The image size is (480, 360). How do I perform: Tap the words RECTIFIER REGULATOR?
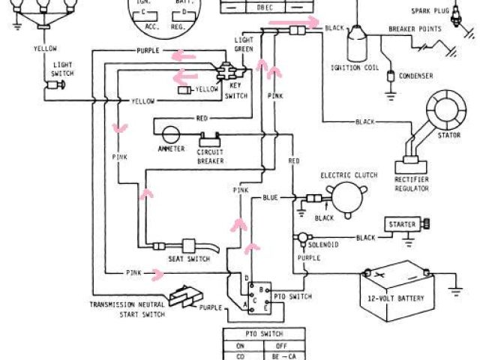tap(412, 185)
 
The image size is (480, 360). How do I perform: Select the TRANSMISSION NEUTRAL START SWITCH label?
tap(123, 310)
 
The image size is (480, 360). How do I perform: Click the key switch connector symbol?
tap(225, 72)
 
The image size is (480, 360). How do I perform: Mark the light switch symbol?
tap(54, 86)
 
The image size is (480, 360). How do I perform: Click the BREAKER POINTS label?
tap(412, 28)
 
